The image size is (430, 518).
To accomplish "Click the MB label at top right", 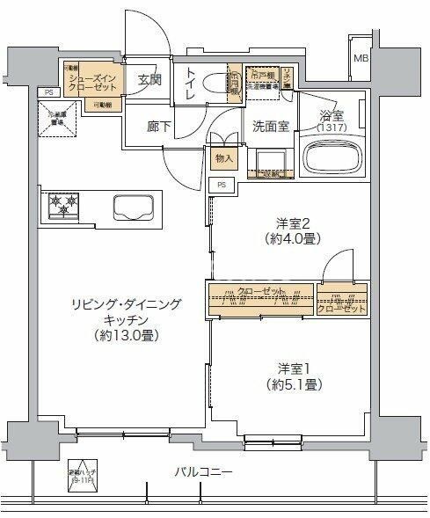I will coord(361,59).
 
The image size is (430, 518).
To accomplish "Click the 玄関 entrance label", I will coord(149,80).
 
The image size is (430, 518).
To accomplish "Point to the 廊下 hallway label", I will coord(158,125).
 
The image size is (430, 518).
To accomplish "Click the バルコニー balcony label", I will coord(203,473).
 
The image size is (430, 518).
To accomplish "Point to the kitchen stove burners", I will coord(62,205).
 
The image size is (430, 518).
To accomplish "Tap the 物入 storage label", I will coord(224,158).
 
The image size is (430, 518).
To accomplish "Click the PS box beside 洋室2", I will coord(222,185).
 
